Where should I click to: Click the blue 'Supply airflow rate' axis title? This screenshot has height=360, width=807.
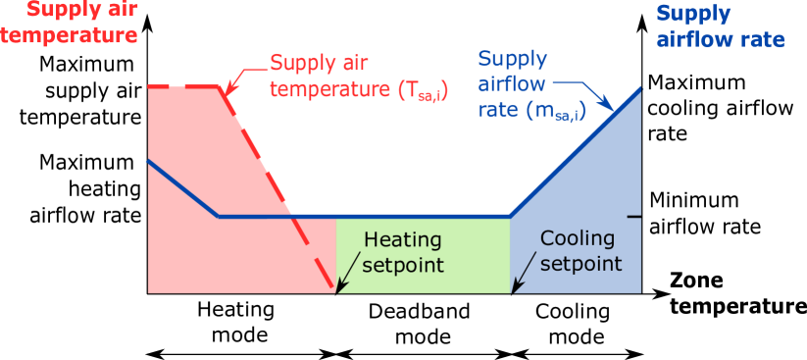[720, 26]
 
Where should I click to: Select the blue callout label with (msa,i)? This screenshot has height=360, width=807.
[530, 84]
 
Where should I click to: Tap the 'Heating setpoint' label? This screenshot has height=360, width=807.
[403, 252]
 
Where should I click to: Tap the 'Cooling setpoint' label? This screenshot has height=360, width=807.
[580, 251]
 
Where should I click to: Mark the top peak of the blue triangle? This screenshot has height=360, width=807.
[641, 87]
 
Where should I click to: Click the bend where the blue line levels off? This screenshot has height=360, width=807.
[219, 216]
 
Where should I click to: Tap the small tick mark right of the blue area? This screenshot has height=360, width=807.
[634, 216]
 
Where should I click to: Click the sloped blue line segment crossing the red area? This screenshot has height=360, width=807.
[182, 187]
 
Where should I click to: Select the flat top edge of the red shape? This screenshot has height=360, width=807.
[186, 86]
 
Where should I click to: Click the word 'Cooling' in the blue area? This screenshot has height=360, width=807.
[578, 238]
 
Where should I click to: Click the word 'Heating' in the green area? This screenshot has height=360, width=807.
[403, 239]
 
